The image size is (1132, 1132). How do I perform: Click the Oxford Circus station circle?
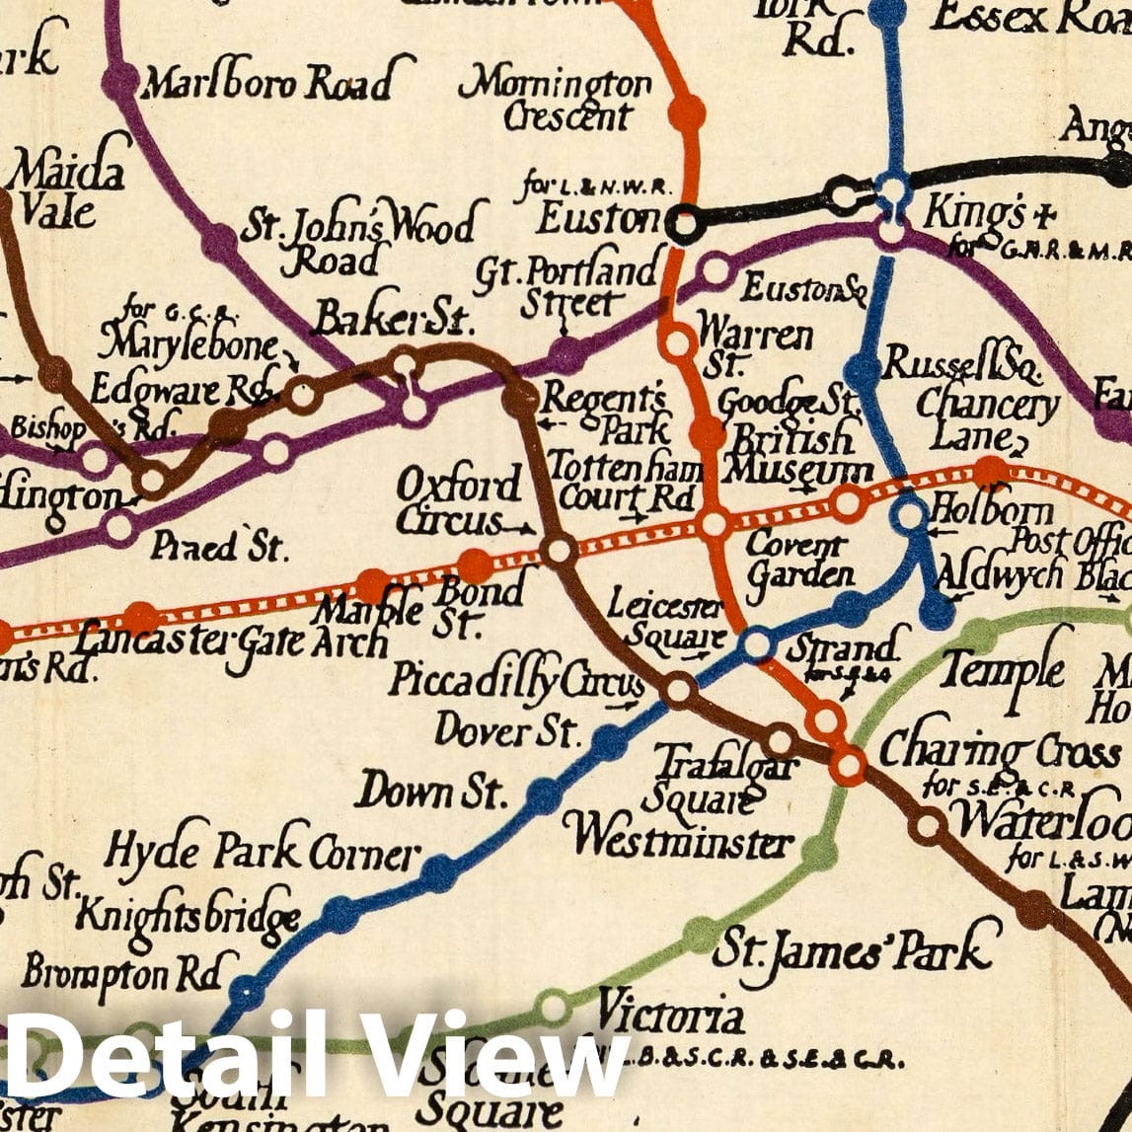coord(559,550)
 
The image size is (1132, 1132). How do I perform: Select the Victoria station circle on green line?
coord(554,1008)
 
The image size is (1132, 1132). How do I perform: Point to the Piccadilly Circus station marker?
coord(679,689)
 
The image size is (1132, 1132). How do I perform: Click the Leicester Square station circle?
coord(757,644)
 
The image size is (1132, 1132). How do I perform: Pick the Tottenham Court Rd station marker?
coord(713,524)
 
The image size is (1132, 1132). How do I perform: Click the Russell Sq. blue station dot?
coord(863,370)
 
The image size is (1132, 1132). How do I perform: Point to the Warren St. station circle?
coord(678,341)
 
